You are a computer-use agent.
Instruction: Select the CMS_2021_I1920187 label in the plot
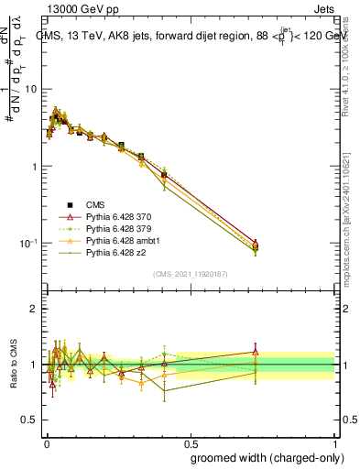190,274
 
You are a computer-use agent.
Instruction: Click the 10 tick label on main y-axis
31,90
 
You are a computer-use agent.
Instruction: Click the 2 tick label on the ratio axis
34,310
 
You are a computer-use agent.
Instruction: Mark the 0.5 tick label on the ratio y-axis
29,420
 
